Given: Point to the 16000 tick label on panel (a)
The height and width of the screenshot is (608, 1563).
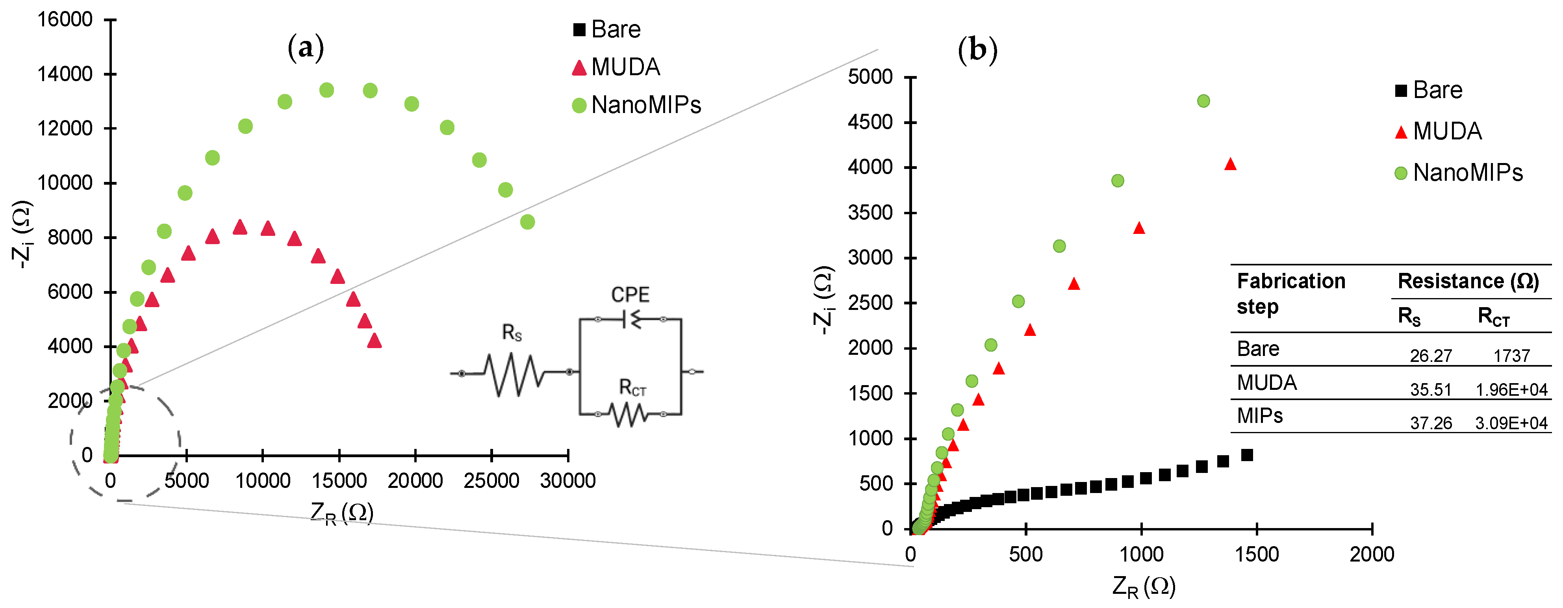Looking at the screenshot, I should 65,19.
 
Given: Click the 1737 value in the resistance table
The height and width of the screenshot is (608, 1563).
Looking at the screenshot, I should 1511,356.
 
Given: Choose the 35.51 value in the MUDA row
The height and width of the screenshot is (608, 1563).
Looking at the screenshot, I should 1430,389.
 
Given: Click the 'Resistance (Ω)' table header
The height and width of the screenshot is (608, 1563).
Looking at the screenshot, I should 1468,281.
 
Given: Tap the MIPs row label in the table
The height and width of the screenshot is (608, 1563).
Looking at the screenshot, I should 1260,416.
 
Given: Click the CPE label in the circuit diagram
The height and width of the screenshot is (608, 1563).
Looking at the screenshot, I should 630,295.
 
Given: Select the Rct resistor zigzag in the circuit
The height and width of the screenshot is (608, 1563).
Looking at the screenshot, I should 629,415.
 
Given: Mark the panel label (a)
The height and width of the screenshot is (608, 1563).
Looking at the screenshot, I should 305,47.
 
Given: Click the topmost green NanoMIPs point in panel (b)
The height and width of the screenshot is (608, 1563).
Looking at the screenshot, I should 1203,101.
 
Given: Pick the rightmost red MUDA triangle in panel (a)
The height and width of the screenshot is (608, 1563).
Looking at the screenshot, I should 375,340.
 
